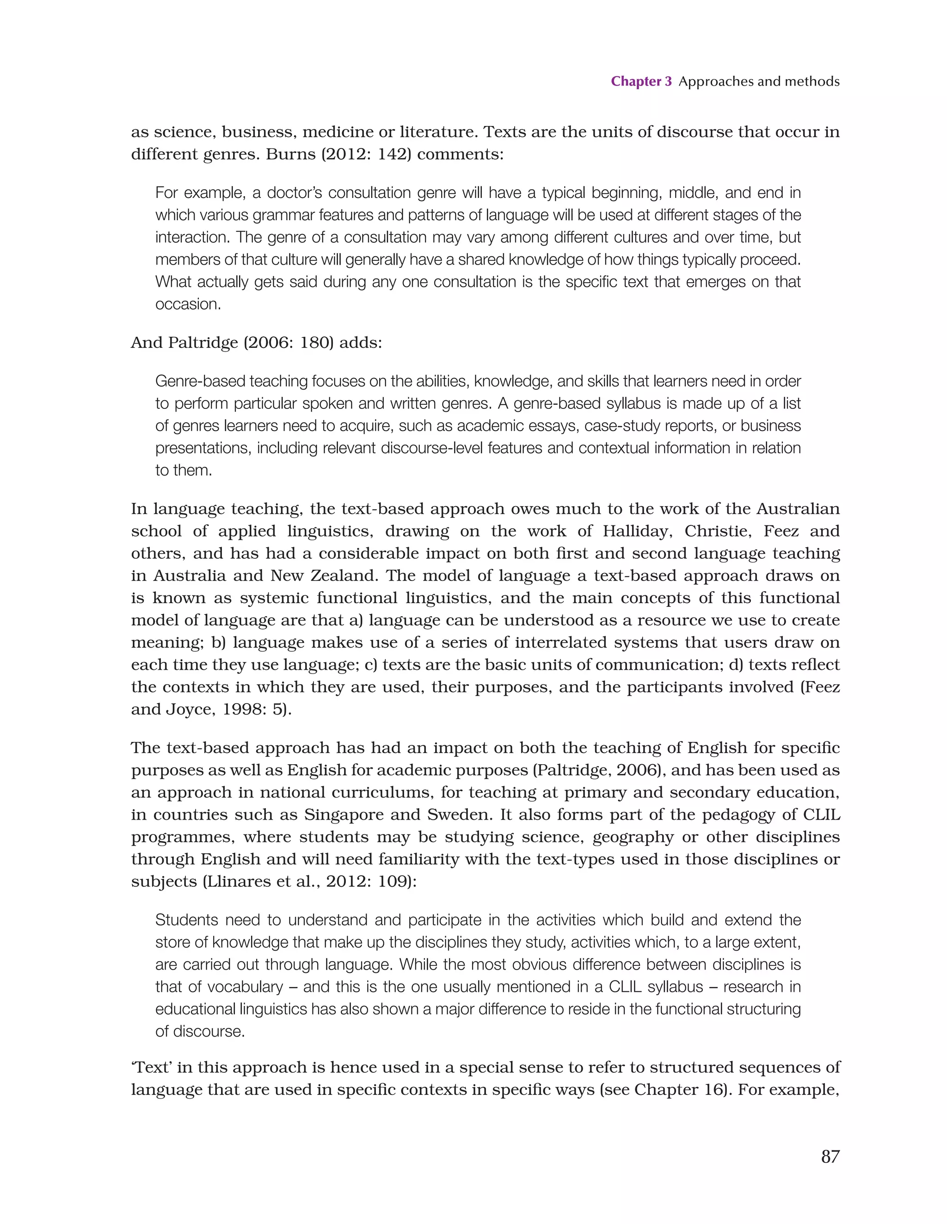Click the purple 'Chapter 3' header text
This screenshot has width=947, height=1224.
coord(640,81)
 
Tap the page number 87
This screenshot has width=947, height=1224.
coord(830,1156)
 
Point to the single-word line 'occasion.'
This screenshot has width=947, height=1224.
coord(188,304)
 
